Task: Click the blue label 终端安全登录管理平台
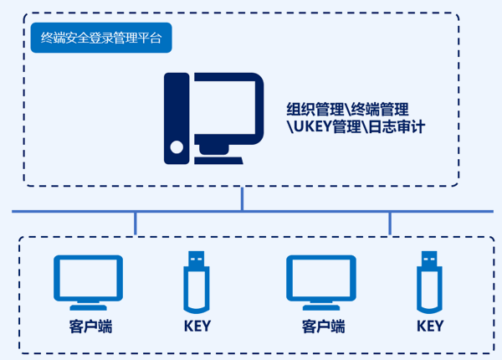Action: point(100,38)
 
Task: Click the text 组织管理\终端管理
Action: point(347,110)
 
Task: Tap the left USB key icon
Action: point(196,285)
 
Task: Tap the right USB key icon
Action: point(428,285)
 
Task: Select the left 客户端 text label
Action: point(90,327)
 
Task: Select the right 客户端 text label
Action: point(323,327)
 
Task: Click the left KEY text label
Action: point(197,327)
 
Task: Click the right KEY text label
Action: point(429,327)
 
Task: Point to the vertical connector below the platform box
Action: point(242,198)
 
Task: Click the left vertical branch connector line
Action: point(135,223)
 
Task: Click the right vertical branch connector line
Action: point(389,223)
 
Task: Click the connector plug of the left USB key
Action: point(196,258)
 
